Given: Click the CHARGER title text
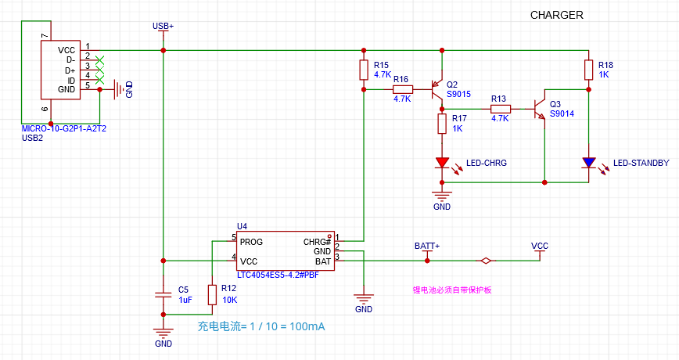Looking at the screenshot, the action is (x=556, y=15).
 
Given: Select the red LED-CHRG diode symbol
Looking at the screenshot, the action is (x=442, y=163).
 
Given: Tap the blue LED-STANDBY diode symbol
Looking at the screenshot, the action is (x=588, y=163).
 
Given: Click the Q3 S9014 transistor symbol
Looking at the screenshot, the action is (x=539, y=109).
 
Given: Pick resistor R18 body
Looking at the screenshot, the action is (x=588, y=70).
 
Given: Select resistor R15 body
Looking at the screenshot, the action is (x=364, y=70).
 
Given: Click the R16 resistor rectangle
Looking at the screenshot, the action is (x=403, y=90).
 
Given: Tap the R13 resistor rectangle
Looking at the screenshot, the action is (x=500, y=109).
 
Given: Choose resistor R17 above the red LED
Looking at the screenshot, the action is (x=442, y=124).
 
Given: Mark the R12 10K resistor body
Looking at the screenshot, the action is (x=212, y=294).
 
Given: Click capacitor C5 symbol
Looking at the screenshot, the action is (x=163, y=295).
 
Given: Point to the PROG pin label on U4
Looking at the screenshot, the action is (x=251, y=242).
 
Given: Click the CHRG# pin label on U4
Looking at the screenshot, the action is (x=317, y=242).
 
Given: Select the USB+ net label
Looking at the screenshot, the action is (x=163, y=26).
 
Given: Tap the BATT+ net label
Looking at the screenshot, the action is (x=427, y=246).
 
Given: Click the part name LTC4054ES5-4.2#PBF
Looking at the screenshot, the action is (x=278, y=275).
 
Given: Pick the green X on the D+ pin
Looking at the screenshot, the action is (x=99, y=70).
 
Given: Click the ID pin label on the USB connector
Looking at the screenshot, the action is (x=71, y=81).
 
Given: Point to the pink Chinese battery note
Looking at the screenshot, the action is (x=452, y=290).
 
